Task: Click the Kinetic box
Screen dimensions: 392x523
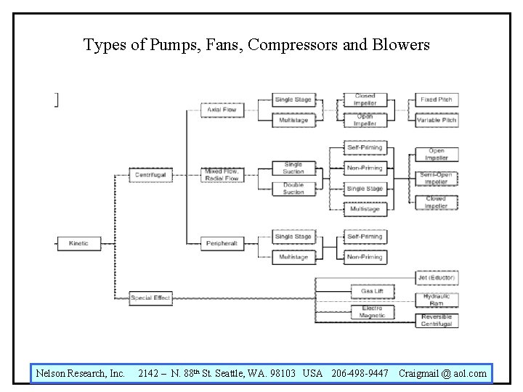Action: pyautogui.click(x=78, y=243)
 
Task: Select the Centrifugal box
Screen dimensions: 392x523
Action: pyautogui.click(x=150, y=175)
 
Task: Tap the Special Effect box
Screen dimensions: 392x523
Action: pyautogui.click(x=150, y=298)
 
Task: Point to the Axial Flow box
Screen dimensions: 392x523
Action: pyautogui.click(x=222, y=110)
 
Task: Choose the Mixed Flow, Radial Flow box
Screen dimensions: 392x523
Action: pyautogui.click(x=222, y=175)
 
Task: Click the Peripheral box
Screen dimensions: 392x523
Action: pyautogui.click(x=222, y=243)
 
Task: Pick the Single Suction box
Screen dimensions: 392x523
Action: pyautogui.click(x=293, y=168)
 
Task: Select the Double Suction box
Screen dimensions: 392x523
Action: pyautogui.click(x=293, y=189)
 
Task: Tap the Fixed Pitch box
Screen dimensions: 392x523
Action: pyautogui.click(x=436, y=99)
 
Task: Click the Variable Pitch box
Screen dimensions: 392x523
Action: pyautogui.click(x=436, y=120)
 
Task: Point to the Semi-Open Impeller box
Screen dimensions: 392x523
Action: pyautogui.click(x=436, y=178)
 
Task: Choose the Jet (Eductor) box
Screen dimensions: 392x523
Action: pyautogui.click(x=437, y=277)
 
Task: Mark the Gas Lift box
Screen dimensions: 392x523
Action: pyautogui.click(x=373, y=291)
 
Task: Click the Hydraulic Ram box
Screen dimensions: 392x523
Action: pyautogui.click(x=437, y=299)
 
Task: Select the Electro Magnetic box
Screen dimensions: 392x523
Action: pyautogui.click(x=373, y=311)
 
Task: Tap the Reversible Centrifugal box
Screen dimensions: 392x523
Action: pyautogui.click(x=437, y=320)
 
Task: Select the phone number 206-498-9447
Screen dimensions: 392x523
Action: pyautogui.click(x=360, y=373)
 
